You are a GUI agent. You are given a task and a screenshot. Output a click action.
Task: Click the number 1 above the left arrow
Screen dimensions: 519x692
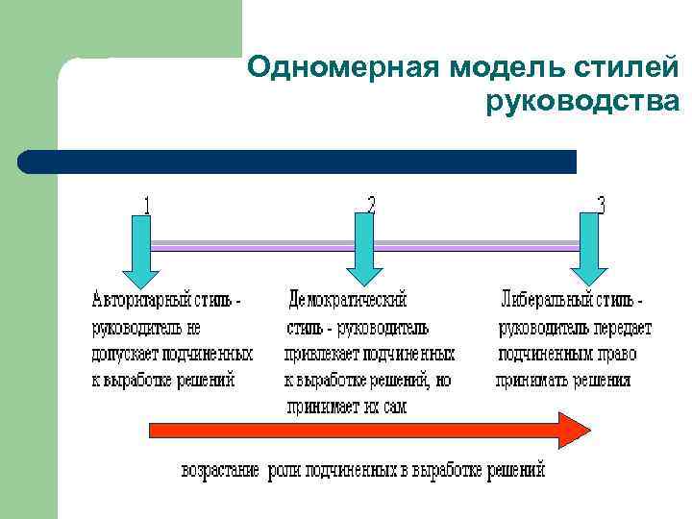pos(146,205)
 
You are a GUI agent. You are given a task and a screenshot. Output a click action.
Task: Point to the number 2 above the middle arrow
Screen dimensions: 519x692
pos(372,204)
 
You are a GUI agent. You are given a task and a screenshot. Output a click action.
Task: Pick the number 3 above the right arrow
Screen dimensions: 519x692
pos(601,205)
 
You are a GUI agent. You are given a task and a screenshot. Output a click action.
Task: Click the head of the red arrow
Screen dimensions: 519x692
pos(576,429)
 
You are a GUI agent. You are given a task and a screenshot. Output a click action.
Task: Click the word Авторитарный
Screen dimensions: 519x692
pos(139,301)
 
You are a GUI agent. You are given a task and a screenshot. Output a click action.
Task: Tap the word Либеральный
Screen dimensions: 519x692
pos(548,301)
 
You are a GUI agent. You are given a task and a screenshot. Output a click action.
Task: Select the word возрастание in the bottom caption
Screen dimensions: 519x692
pos(221,470)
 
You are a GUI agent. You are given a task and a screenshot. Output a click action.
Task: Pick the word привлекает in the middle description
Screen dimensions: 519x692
pos(323,354)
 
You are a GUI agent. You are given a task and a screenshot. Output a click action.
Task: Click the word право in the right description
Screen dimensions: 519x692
pos(615,354)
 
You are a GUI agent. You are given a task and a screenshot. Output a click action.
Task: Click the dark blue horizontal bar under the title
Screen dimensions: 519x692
pos(298,161)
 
